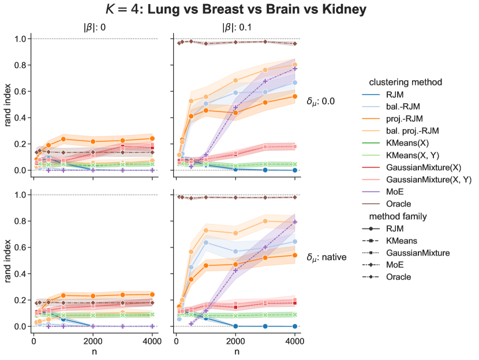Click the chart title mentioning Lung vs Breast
click(x=237, y=10)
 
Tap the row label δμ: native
click(x=327, y=257)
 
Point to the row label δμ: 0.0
click(x=323, y=102)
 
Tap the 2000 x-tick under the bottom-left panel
click(x=93, y=340)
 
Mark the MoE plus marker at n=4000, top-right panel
click(x=295, y=69)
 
